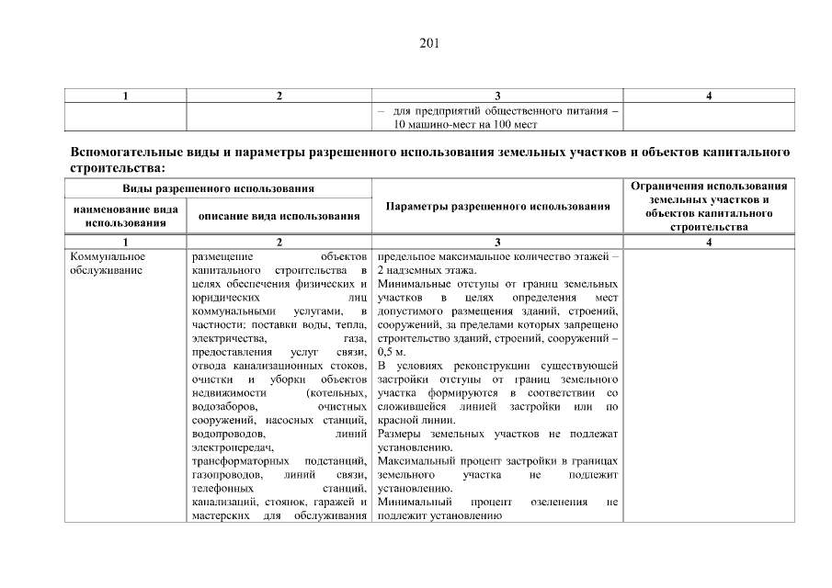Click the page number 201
click(x=416, y=41)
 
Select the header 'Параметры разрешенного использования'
click(x=497, y=207)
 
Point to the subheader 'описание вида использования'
click(x=279, y=216)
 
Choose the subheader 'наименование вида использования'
click(x=125, y=216)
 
